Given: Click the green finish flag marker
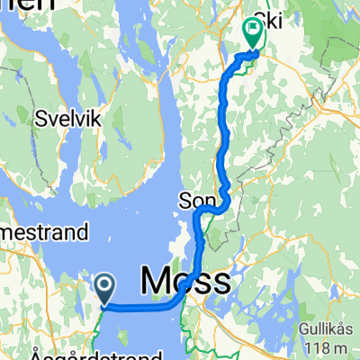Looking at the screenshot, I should coord(251,34).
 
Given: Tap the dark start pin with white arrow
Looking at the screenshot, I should coord(104,289).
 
